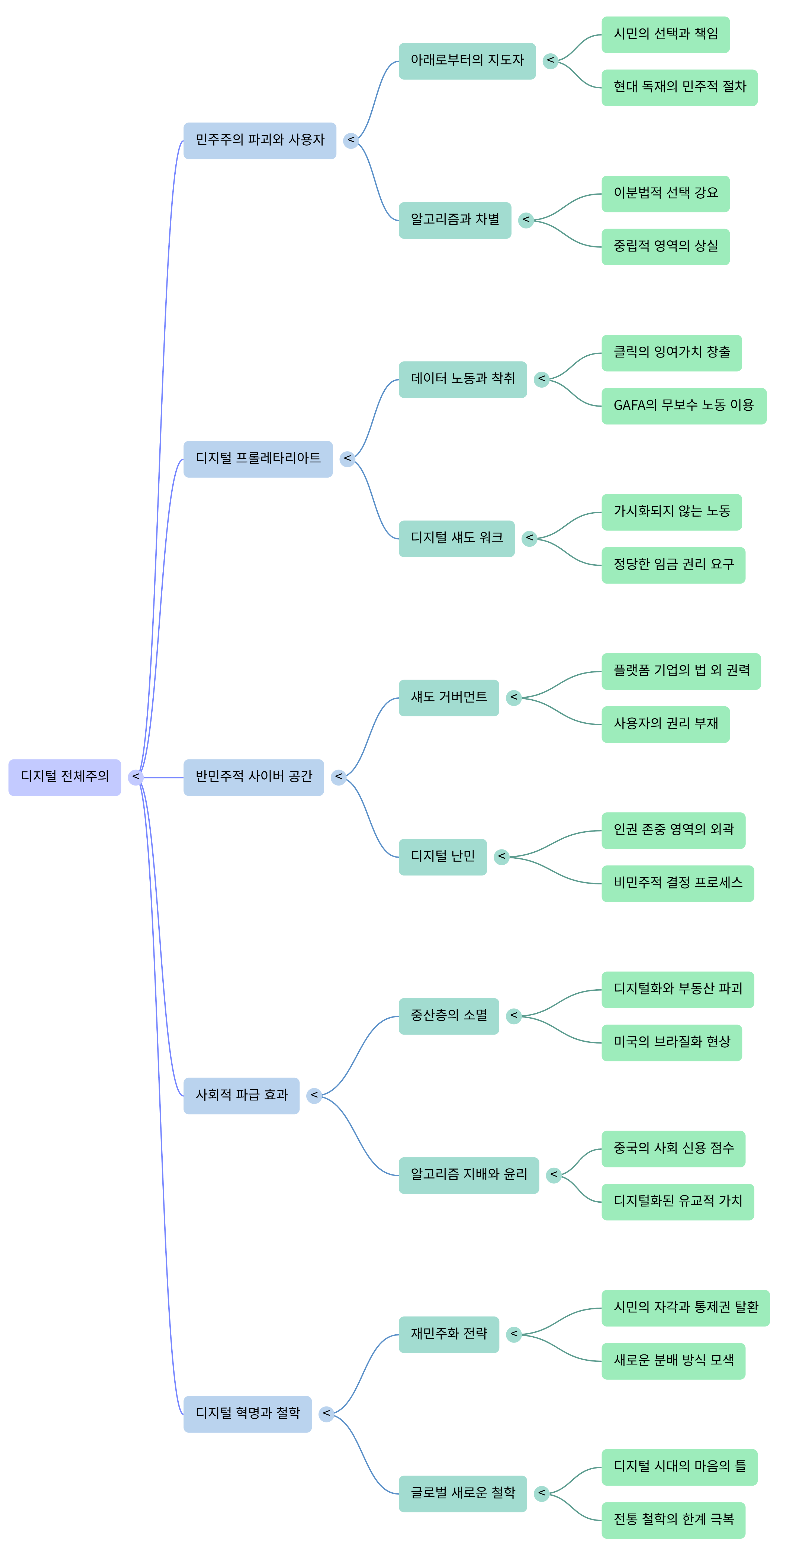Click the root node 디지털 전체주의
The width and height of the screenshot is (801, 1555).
pyautogui.click(x=65, y=777)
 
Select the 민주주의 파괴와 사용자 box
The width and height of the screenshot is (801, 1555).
pyautogui.click(x=260, y=141)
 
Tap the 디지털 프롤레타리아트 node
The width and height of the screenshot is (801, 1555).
pyautogui.click(x=258, y=459)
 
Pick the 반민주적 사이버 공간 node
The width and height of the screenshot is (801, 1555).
pyautogui.click(x=253, y=777)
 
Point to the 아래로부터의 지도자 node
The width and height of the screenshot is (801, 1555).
pyautogui.click(x=467, y=60)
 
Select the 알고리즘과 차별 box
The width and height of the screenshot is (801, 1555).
pyautogui.click(x=455, y=220)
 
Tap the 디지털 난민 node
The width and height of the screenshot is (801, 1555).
pyautogui.click(x=442, y=857)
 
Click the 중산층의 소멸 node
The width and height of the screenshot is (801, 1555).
pyautogui.click(x=449, y=1016)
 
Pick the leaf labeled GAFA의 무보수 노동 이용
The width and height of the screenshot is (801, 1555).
pyautogui.click(x=683, y=406)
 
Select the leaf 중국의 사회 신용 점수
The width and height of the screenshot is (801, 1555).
pyautogui.click(x=673, y=1148)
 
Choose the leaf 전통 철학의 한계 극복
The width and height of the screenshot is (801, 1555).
pyautogui.click(x=673, y=1520)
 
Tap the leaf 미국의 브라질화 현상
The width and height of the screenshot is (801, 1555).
pyautogui.click(x=671, y=1042)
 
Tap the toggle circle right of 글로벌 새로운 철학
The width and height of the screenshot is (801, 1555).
pyautogui.click(x=541, y=1493)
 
